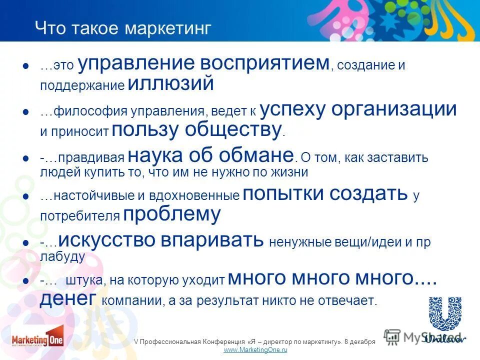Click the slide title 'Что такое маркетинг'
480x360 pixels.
(123, 28)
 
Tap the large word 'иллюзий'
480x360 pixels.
(170, 83)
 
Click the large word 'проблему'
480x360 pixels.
(171, 214)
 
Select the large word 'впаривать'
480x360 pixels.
(212, 240)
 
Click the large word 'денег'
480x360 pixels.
(68, 298)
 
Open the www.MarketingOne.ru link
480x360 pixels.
(255, 350)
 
